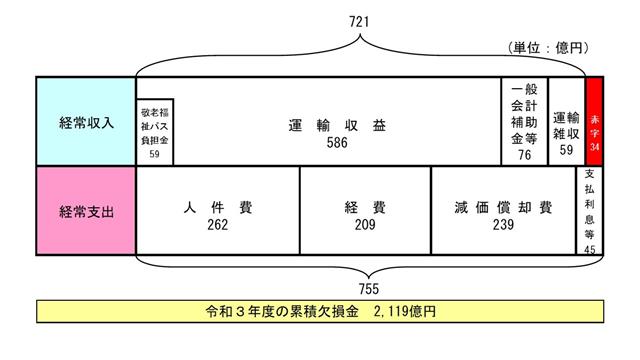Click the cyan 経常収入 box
pos(86,121)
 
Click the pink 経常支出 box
pos(86,212)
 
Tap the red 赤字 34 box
pos(595,121)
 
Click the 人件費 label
pos(218,207)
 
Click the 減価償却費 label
pos(502,207)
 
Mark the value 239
pos(502,224)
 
